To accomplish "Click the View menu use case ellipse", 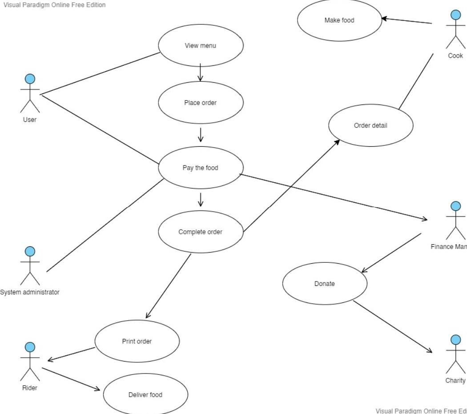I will (201, 45).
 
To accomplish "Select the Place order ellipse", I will (201, 103).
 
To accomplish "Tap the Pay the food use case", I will (201, 168).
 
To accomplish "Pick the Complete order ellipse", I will (201, 232).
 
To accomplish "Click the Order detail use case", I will (370, 125).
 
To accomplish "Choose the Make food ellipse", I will (339, 20).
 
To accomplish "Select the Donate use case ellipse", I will (325, 284).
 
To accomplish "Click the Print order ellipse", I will (137, 342).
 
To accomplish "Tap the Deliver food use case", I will (145, 395).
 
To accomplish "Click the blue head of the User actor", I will (30, 79).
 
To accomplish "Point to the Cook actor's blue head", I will (456, 15).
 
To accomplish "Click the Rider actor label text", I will (30, 388).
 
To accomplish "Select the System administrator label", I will (29, 292).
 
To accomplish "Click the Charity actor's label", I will (455, 381).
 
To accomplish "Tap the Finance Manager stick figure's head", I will (456, 206).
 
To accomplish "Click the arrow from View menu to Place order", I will (201, 72).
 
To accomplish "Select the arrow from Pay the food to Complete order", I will (201, 200).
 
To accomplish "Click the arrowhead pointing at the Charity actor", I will (429, 351).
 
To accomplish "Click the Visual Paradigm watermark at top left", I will (54, 5).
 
